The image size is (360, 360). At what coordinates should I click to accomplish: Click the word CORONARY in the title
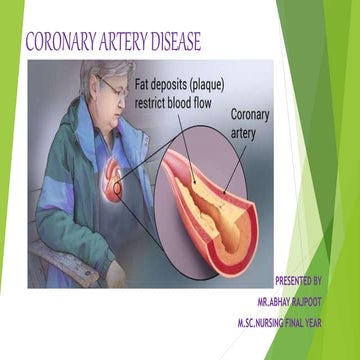coord(61,42)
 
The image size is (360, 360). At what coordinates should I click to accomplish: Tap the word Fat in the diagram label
coord(145,86)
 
